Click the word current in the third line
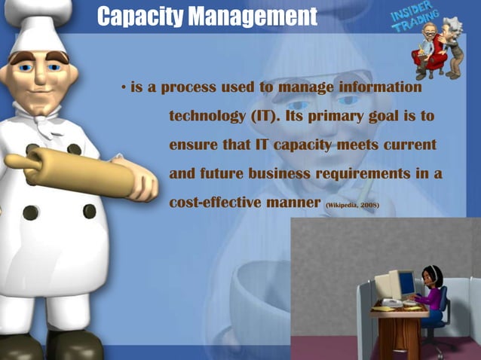click(x=409, y=145)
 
